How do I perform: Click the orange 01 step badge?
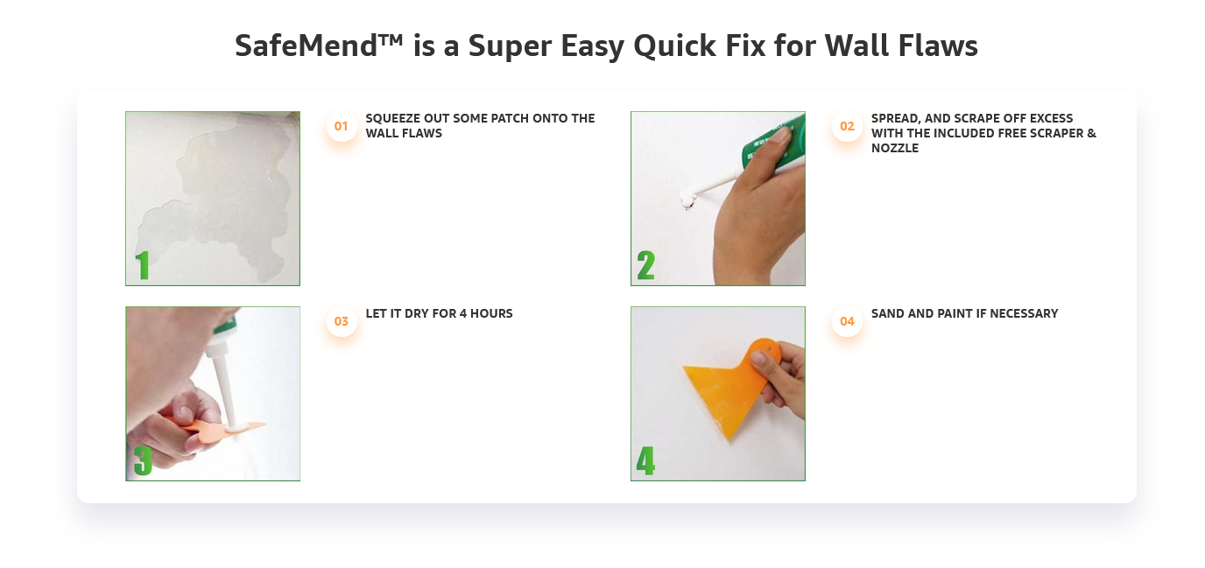coord(341,126)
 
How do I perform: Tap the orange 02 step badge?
coord(847,126)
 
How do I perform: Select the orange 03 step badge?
coord(341,321)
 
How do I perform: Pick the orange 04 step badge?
coord(847,321)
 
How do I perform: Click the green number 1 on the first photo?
coord(142,265)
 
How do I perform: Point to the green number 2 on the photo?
coord(646,265)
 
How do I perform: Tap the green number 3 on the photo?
coord(143,460)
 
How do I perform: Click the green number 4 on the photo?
coord(645,460)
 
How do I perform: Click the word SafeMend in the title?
coord(306,46)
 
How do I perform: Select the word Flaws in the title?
coord(938,46)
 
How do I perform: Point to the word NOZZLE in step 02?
coord(895,148)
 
